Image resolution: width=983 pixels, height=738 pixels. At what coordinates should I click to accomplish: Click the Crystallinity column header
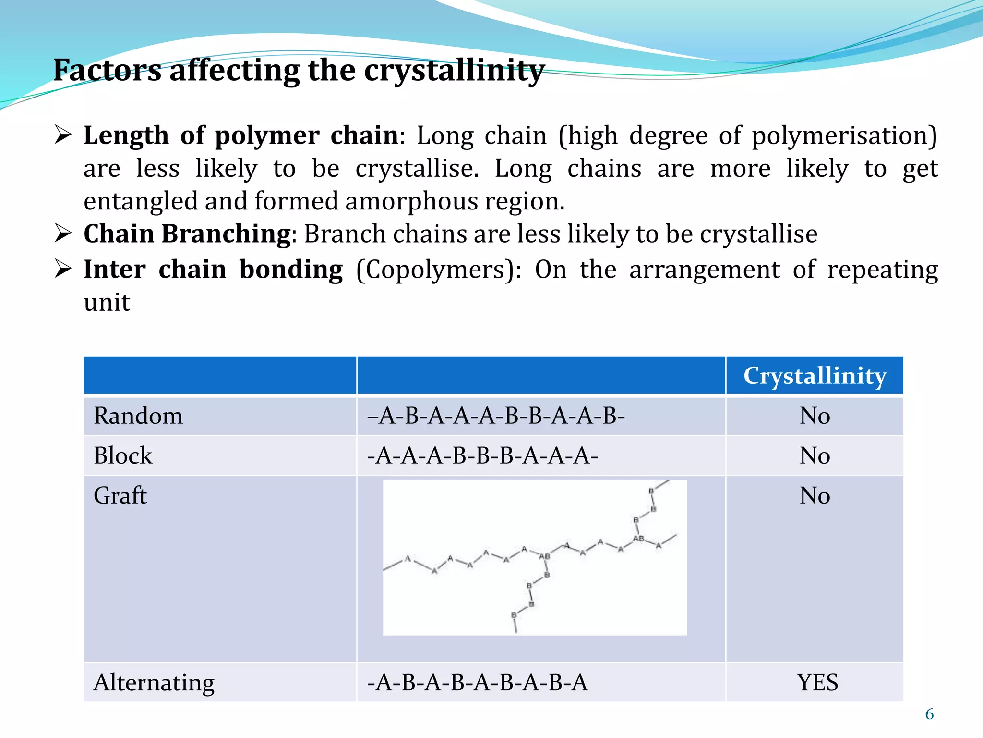pyautogui.click(x=815, y=376)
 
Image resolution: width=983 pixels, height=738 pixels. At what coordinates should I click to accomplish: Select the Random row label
pyautogui.click(x=138, y=416)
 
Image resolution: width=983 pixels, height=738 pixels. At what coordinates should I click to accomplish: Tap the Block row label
pyautogui.click(x=123, y=455)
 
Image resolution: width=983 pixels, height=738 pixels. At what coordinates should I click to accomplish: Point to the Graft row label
pyautogui.click(x=120, y=495)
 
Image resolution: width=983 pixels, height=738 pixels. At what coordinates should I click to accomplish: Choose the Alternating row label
pyautogui.click(x=154, y=683)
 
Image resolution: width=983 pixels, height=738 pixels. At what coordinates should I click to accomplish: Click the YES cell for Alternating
pyautogui.click(x=817, y=683)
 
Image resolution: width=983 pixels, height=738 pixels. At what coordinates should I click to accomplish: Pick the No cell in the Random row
pyautogui.click(x=815, y=416)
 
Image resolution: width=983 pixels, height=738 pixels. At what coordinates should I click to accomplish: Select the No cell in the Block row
pyautogui.click(x=815, y=455)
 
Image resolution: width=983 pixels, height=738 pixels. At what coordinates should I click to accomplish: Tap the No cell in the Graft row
pyautogui.click(x=815, y=495)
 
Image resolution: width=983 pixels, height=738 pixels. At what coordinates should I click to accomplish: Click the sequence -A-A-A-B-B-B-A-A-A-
pyautogui.click(x=482, y=455)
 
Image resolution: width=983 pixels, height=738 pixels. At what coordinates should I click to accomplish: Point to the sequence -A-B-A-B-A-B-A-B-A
pyautogui.click(x=477, y=683)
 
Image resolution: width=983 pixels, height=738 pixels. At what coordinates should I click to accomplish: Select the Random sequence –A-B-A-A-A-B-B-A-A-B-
pyautogui.click(x=496, y=416)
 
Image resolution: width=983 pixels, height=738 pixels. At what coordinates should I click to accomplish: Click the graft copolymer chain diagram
pyautogui.click(x=535, y=557)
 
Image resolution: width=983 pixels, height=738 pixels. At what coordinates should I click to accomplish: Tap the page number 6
pyautogui.click(x=929, y=714)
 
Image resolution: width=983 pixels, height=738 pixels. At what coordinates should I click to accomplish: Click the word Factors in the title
pyautogui.click(x=107, y=70)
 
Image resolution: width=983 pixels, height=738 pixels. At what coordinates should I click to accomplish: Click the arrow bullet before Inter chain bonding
pyautogui.click(x=63, y=269)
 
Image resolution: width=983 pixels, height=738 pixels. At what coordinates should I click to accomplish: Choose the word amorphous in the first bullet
pyautogui.click(x=411, y=201)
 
